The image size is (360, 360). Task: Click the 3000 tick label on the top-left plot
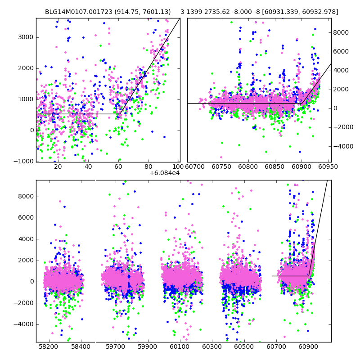coord(26,37)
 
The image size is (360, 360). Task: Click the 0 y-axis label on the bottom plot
coord(31,282)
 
